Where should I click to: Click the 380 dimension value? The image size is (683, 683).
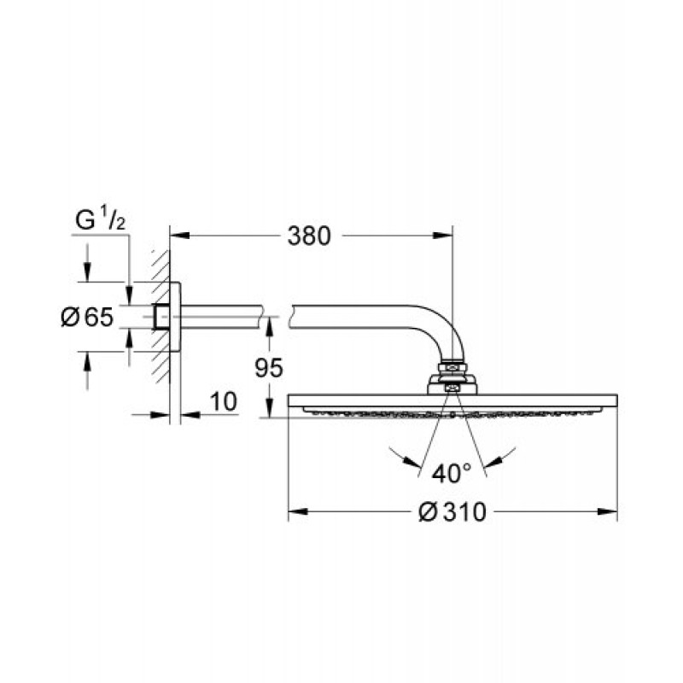[309, 236]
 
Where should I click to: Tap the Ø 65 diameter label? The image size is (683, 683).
[87, 317]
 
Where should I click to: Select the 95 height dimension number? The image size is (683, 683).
[269, 368]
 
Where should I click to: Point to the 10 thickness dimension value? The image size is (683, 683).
[224, 401]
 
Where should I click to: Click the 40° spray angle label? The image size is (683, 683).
[452, 473]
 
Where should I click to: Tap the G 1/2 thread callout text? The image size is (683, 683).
[100, 220]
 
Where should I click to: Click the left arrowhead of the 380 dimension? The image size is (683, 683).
[179, 236]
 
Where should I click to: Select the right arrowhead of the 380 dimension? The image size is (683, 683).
[442, 236]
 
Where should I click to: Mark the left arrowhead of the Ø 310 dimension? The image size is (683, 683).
[298, 511]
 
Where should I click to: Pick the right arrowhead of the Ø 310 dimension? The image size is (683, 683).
[608, 511]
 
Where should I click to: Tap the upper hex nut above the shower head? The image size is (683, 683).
[452, 367]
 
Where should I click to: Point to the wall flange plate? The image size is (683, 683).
[175, 317]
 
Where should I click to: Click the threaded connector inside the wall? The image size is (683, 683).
[161, 317]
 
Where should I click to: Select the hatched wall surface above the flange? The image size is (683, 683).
[161, 266]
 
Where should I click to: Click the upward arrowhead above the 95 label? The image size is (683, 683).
[270, 326]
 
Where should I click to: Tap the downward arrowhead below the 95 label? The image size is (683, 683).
[270, 408]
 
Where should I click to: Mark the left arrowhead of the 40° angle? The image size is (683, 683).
[413, 462]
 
